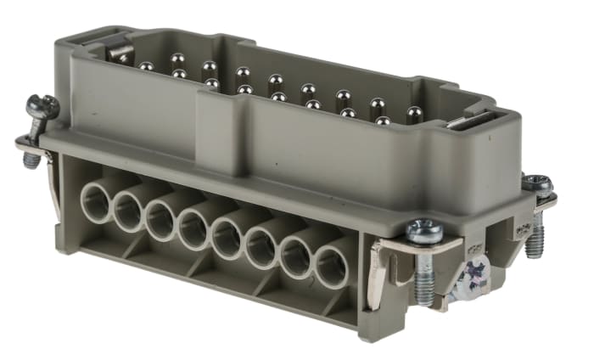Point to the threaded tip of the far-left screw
31,158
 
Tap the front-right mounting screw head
422,230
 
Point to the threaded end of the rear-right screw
536,245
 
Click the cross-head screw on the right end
471,275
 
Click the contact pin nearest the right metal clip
414,112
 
